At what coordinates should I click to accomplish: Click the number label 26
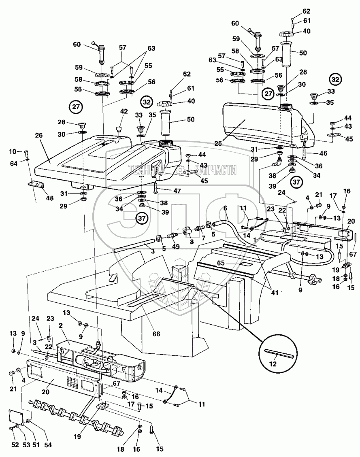(x=39, y=136)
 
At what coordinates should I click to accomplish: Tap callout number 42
(x=124, y=111)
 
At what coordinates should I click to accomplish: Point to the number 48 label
(x=50, y=198)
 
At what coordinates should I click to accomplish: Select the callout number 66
(x=157, y=334)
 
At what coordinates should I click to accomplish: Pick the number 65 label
(x=221, y=263)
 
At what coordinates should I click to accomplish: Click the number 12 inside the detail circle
(x=273, y=364)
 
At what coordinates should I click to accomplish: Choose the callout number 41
(x=275, y=293)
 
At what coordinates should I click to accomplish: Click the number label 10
(x=13, y=151)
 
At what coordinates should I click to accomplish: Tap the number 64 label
(x=14, y=164)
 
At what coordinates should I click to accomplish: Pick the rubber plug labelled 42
(x=119, y=129)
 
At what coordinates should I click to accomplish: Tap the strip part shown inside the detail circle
(x=277, y=353)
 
